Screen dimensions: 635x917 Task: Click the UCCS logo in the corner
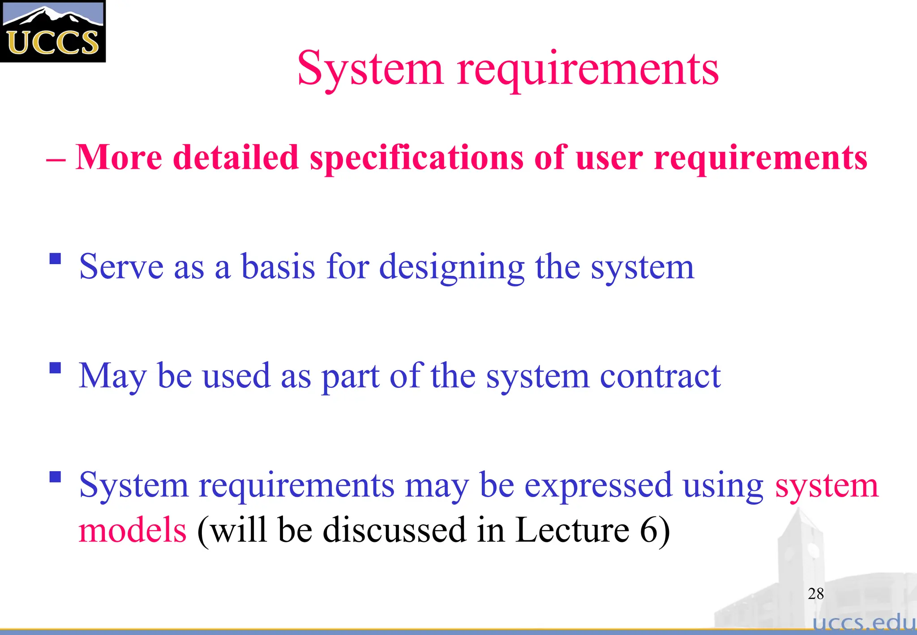[52, 31]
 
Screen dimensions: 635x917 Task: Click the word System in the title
[370, 69]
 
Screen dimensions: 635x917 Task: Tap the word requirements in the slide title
[587, 69]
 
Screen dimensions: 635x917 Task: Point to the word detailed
[236, 158]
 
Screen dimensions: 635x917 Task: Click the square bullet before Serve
[55, 259]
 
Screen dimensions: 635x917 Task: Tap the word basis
[278, 267]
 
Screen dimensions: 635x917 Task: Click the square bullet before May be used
[55, 368]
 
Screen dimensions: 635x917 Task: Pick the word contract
[660, 376]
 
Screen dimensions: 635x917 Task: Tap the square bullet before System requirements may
[55, 476]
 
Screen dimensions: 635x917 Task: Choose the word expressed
[598, 485]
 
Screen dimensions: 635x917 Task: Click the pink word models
[133, 530]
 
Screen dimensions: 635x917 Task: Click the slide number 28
[816, 594]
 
